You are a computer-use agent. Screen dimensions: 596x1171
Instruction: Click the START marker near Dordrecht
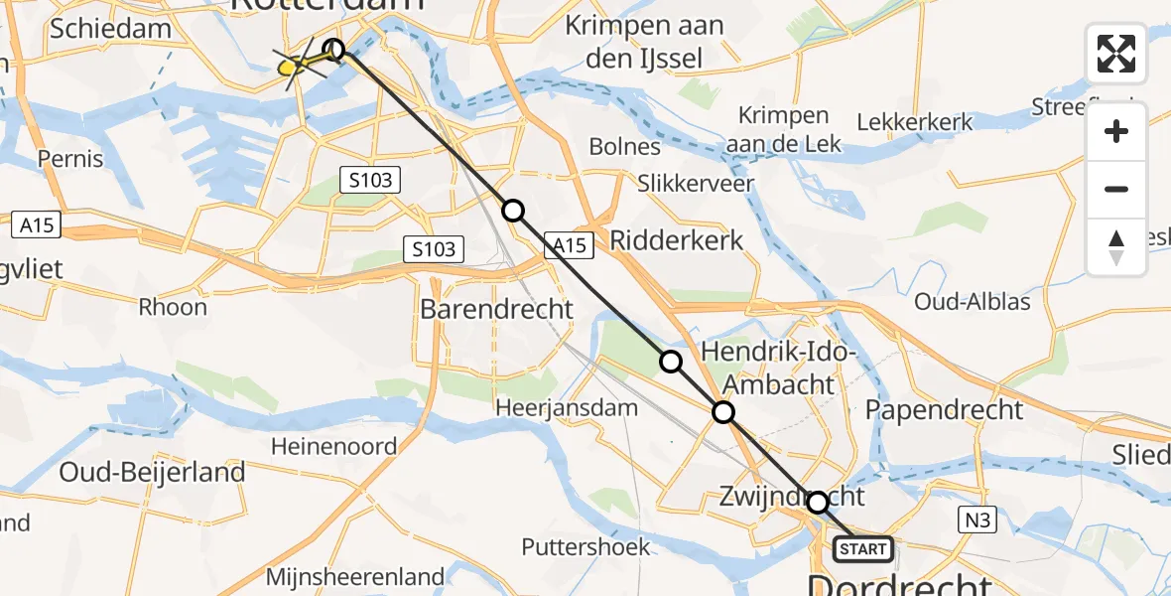862,548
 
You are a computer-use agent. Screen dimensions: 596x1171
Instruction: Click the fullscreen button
1116,54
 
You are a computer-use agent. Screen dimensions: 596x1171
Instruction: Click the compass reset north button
1116,247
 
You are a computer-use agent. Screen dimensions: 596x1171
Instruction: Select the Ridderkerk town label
677,240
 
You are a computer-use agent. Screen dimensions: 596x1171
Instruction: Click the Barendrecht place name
496,309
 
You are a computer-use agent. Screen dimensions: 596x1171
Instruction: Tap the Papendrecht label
944,409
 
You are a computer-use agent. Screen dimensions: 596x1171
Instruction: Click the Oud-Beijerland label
152,473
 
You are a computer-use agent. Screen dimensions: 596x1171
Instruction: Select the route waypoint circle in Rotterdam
334,49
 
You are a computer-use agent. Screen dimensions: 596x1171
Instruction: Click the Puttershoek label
586,546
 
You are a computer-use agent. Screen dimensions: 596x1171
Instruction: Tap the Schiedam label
110,28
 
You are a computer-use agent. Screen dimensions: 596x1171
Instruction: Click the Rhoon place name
174,307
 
